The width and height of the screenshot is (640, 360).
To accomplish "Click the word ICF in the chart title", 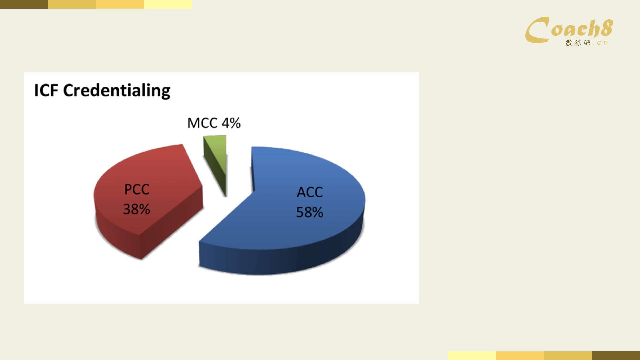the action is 46,90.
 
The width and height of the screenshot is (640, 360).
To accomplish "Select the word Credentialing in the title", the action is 117,91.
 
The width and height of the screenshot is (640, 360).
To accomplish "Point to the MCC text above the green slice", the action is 202,123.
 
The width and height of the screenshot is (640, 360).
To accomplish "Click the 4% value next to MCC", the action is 231,123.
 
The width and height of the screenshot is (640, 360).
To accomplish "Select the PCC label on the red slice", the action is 137,189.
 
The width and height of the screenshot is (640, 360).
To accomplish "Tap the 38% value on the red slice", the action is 137,209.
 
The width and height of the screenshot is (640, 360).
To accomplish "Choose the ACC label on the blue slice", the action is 310,192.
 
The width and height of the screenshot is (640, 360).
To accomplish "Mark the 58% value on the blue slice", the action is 310,212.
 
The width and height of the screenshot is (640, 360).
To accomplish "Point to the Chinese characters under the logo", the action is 578,43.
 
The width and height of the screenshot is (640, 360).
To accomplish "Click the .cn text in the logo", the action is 601,43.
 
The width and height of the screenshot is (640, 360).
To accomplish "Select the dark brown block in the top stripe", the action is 24,4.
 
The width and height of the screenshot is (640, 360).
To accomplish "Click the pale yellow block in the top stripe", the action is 168,4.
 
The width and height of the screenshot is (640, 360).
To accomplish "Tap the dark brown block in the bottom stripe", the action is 616,356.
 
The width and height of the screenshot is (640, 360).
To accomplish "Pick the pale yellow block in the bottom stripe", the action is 472,356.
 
